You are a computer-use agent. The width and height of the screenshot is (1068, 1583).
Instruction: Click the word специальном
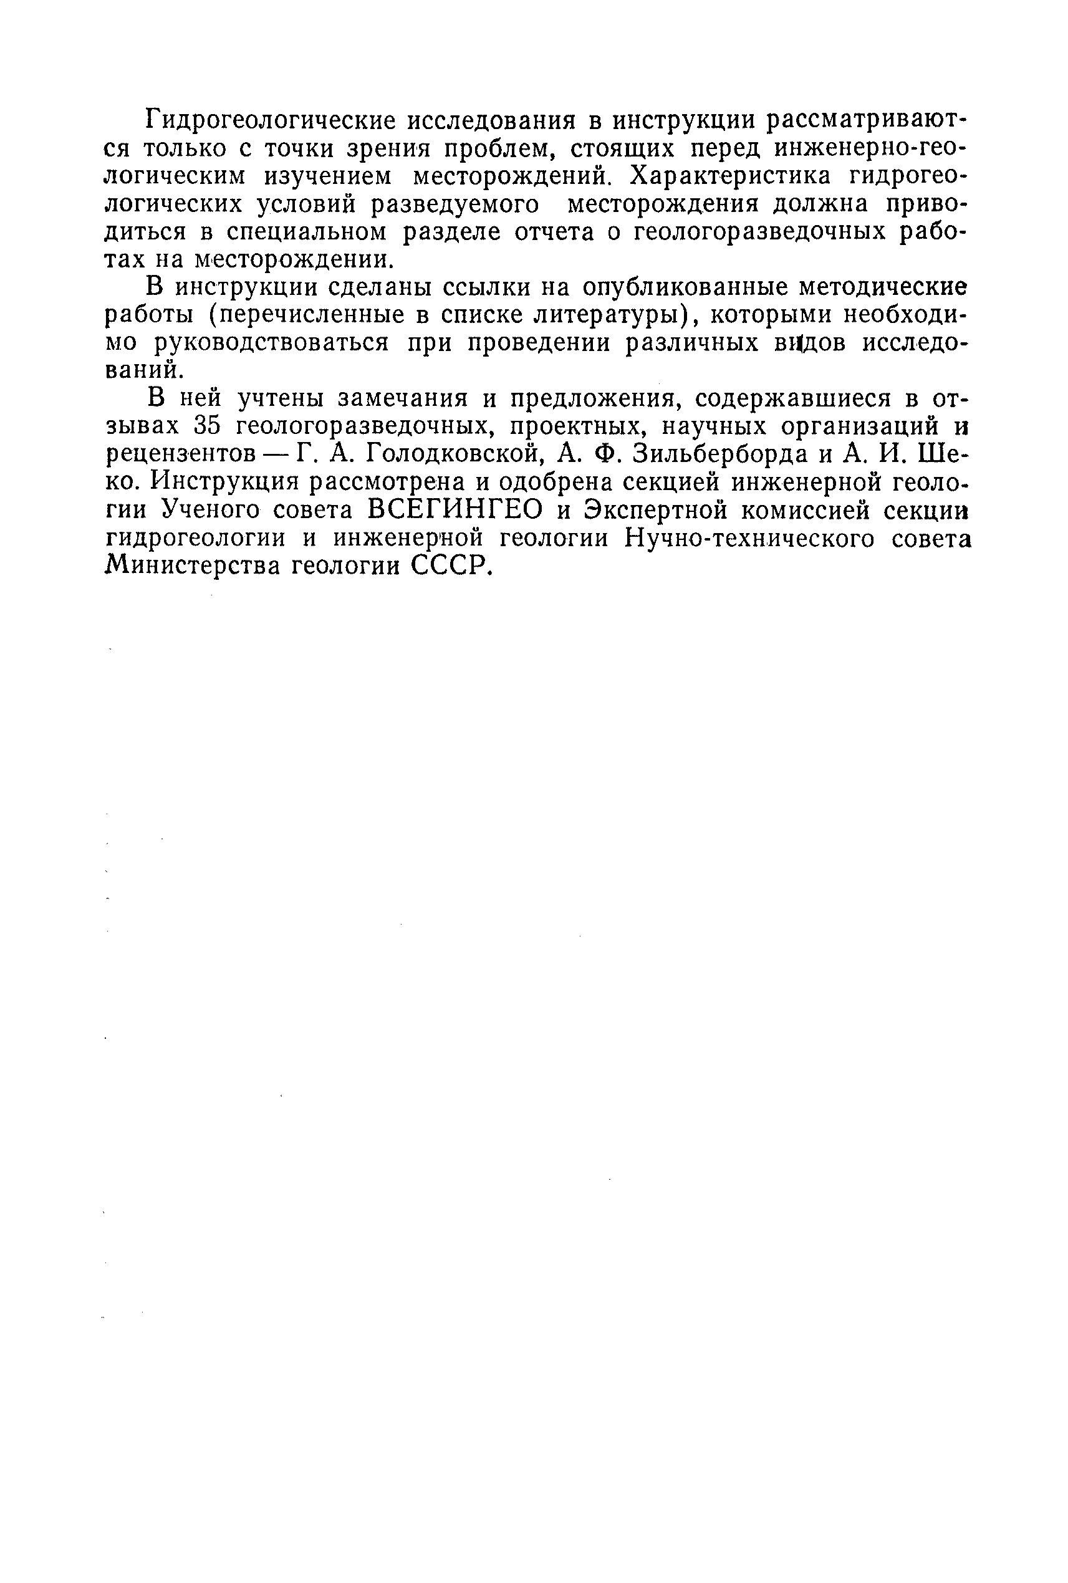306,233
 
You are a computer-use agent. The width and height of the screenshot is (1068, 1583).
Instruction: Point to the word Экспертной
664,510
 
